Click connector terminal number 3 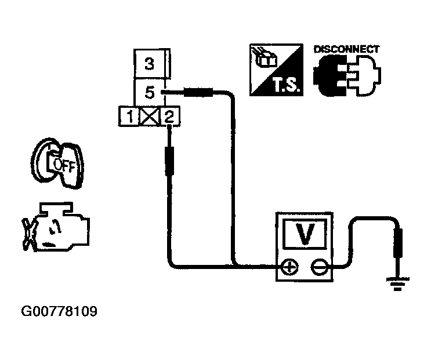pyautogui.click(x=150, y=63)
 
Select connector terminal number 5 pyautogui.click(x=150, y=91)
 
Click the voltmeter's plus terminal pyautogui.click(x=288, y=267)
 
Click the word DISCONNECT pyautogui.click(x=346, y=49)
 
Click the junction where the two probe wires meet pyautogui.click(x=233, y=267)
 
